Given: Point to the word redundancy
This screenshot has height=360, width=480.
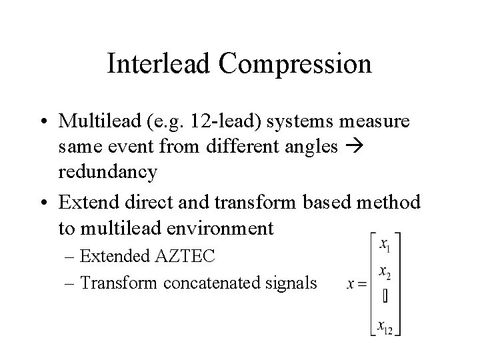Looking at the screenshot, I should (x=107, y=171).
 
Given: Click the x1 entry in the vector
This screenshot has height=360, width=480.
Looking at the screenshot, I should (x=385, y=245).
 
